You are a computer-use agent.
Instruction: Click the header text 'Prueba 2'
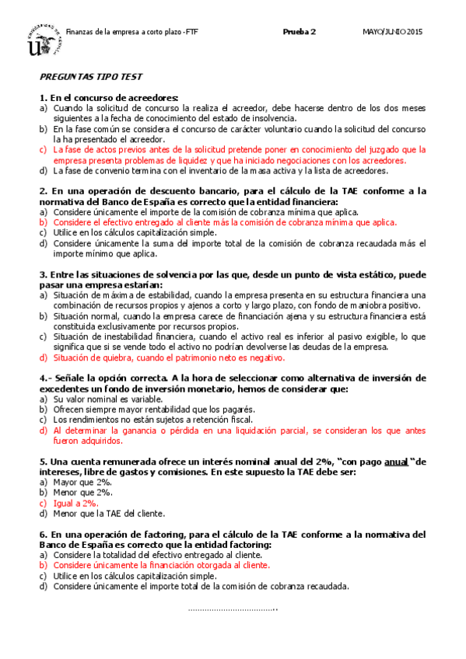point(300,32)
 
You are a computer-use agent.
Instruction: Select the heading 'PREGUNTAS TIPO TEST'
point(90,78)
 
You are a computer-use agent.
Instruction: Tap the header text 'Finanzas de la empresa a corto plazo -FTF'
point(131,32)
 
